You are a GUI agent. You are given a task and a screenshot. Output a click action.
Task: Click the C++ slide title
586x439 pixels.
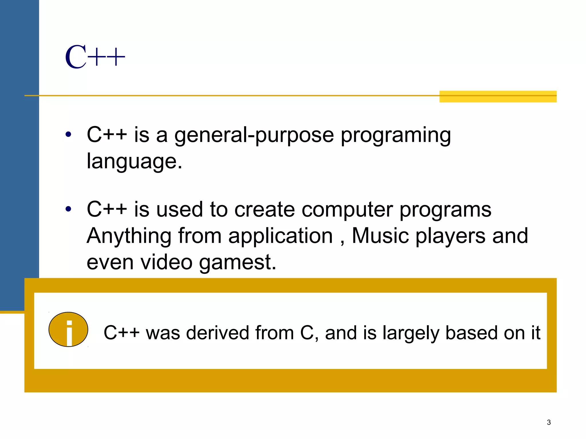(95, 57)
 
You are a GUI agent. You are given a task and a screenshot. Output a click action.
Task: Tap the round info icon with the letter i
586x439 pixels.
(68, 330)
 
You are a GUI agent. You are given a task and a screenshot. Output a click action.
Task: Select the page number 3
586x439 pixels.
(549, 422)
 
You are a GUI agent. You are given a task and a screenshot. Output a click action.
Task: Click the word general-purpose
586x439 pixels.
(254, 135)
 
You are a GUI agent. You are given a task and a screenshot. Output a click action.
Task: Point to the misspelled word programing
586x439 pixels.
(395, 135)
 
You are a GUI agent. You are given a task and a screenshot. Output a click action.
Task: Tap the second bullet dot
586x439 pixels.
(68, 209)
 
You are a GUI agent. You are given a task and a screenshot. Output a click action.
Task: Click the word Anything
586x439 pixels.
(129, 236)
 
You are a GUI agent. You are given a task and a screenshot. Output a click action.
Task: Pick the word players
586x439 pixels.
(450, 236)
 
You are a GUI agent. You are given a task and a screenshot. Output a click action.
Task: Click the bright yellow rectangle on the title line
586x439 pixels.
(498, 97)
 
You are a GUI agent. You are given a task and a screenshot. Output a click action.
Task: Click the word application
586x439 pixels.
(280, 236)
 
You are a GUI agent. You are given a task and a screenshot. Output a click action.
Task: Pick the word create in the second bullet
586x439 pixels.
(264, 209)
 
